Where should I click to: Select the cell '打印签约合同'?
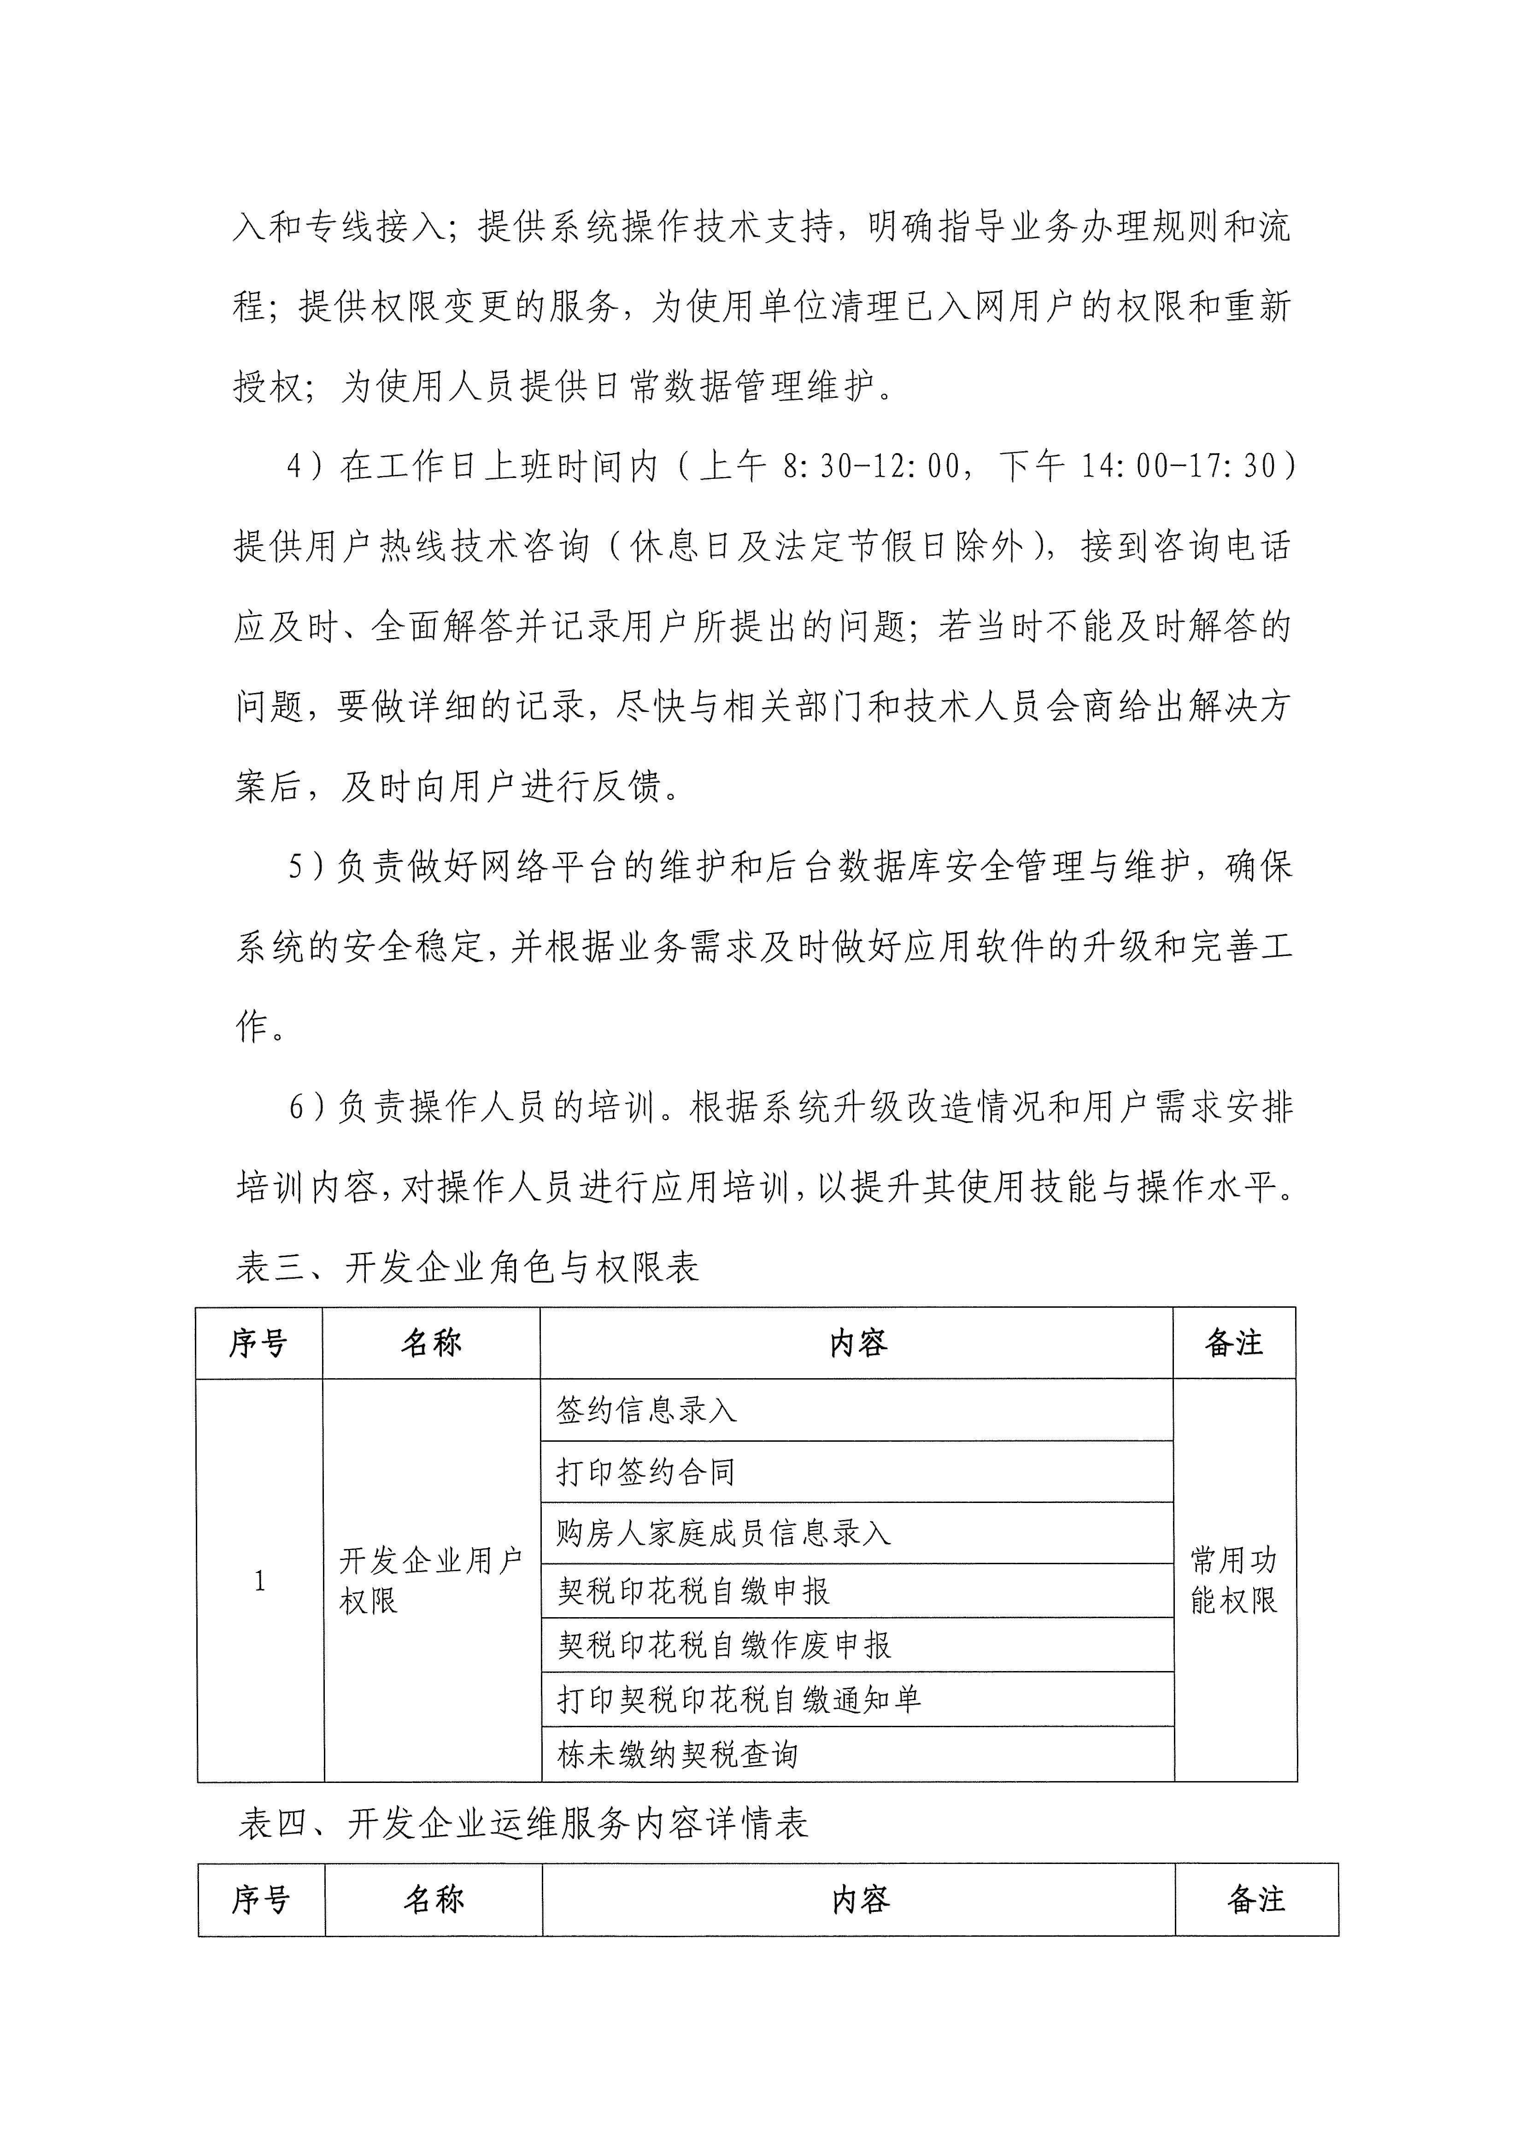pyautogui.click(x=646, y=1472)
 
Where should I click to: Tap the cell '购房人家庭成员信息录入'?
pyautogui.click(x=723, y=1533)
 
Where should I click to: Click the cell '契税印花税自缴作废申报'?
pyautogui.click(x=724, y=1644)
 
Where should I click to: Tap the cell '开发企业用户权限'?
pyautogui.click(x=431, y=1582)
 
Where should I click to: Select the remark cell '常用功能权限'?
pyautogui.click(x=1234, y=1582)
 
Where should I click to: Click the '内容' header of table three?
pyautogui.click(x=857, y=1343)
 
